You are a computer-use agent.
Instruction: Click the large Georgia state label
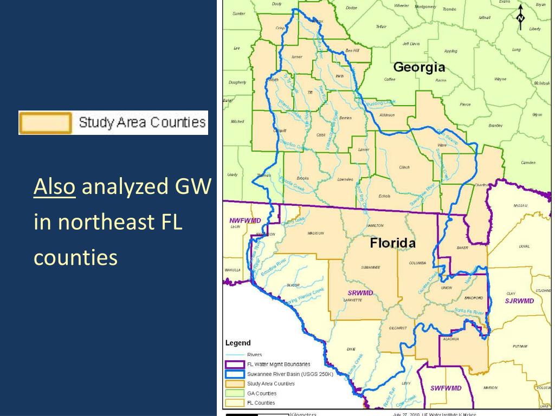(x=419, y=68)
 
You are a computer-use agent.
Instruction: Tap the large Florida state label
(x=392, y=243)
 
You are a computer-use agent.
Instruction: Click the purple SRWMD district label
(x=360, y=293)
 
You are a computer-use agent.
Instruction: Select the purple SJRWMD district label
(x=519, y=301)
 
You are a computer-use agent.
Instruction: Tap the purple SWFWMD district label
(x=446, y=388)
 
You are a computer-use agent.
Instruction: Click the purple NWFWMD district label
(x=244, y=220)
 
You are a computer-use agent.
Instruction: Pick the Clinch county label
(x=404, y=167)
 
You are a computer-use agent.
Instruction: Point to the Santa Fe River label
(x=469, y=312)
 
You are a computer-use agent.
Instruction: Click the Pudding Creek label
(x=382, y=101)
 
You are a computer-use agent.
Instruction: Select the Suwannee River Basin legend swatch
(x=235, y=374)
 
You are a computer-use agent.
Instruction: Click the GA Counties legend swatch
(x=235, y=393)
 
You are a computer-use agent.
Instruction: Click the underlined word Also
(x=54, y=187)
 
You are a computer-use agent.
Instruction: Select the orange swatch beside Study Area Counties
(x=46, y=123)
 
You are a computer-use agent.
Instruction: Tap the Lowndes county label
(x=345, y=179)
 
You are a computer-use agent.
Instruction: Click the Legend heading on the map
(x=238, y=343)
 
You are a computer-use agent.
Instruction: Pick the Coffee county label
(x=390, y=80)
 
